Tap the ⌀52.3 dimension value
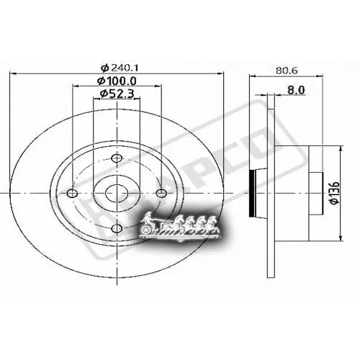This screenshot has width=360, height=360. click(117, 93)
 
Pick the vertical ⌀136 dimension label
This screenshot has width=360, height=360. click(332, 192)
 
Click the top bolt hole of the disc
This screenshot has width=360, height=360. click(117, 158)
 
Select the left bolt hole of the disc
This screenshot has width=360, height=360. click(71, 192)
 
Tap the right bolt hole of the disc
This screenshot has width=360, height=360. click(162, 192)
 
